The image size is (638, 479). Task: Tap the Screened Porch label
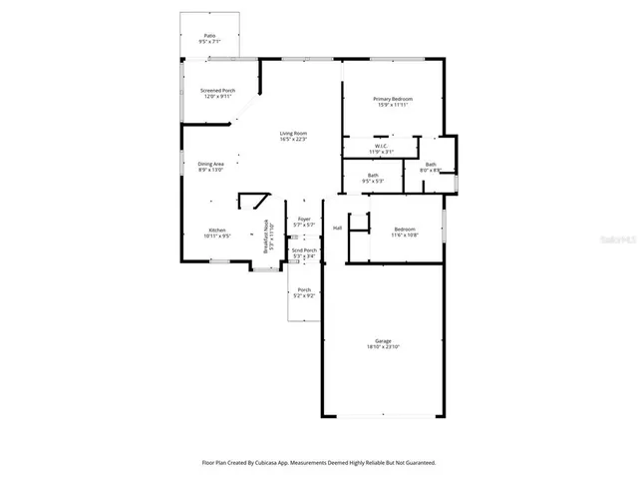coord(218,91)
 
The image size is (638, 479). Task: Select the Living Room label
coord(293,133)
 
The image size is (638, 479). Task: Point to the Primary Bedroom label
coord(393,98)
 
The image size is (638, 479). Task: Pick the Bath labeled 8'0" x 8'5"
coord(431,165)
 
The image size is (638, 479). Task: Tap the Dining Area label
coord(210,164)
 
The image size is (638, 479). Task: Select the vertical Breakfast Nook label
coord(265,238)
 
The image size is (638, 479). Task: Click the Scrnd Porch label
coord(304,250)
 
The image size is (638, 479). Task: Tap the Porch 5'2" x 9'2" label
coord(304,290)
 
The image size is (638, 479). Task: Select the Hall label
coord(337,228)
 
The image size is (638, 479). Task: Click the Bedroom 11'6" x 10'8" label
coord(404,229)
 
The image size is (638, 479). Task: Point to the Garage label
coord(383,340)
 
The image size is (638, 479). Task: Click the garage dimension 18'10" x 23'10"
coord(383,347)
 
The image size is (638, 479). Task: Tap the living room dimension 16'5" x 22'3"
coord(293,140)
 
